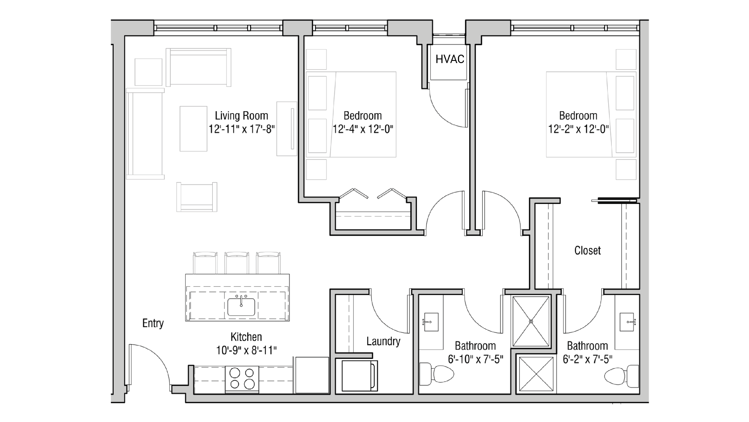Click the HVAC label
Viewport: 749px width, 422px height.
[x=450, y=59]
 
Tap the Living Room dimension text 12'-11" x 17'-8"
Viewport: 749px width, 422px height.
[x=242, y=129]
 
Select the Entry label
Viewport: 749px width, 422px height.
[x=153, y=323]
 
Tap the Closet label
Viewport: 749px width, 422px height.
[x=587, y=250]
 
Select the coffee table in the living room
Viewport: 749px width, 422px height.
[x=193, y=129]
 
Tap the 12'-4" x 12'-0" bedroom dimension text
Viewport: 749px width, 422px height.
[x=363, y=129]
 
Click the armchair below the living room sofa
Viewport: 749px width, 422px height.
[x=197, y=197]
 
